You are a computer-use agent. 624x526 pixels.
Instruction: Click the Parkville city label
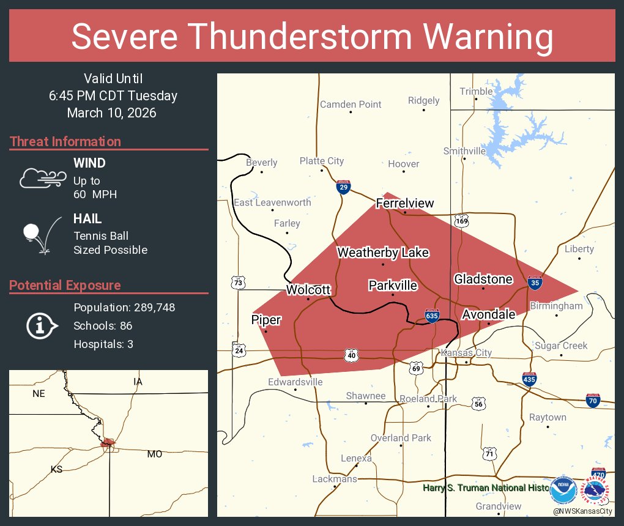[393, 286]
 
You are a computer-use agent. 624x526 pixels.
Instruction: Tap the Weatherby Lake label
[383, 253]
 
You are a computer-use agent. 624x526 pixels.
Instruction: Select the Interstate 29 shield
[344, 187]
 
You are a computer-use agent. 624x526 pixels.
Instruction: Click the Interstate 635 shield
[432, 316]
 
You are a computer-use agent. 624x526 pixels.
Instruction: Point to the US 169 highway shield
[461, 220]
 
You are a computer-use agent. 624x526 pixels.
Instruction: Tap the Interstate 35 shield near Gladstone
[534, 282]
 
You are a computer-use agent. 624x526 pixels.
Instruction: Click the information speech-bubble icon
[42, 325]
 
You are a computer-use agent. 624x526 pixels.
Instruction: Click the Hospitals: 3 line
[103, 344]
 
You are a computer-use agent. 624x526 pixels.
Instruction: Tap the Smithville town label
[464, 151]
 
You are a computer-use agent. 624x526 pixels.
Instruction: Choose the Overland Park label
[401, 438]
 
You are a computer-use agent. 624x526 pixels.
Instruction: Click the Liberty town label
[579, 249]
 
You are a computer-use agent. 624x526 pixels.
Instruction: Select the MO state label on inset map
[154, 454]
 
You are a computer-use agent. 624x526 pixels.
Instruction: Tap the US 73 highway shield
[239, 282]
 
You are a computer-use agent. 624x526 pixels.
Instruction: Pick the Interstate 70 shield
[592, 400]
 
